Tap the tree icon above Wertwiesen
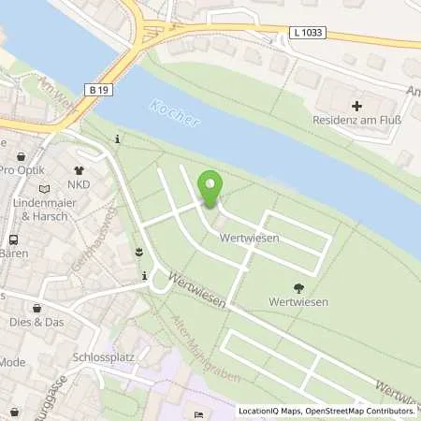(298, 288)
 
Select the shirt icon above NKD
(80, 158)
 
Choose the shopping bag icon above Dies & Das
(36, 308)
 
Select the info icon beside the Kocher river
(117, 140)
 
